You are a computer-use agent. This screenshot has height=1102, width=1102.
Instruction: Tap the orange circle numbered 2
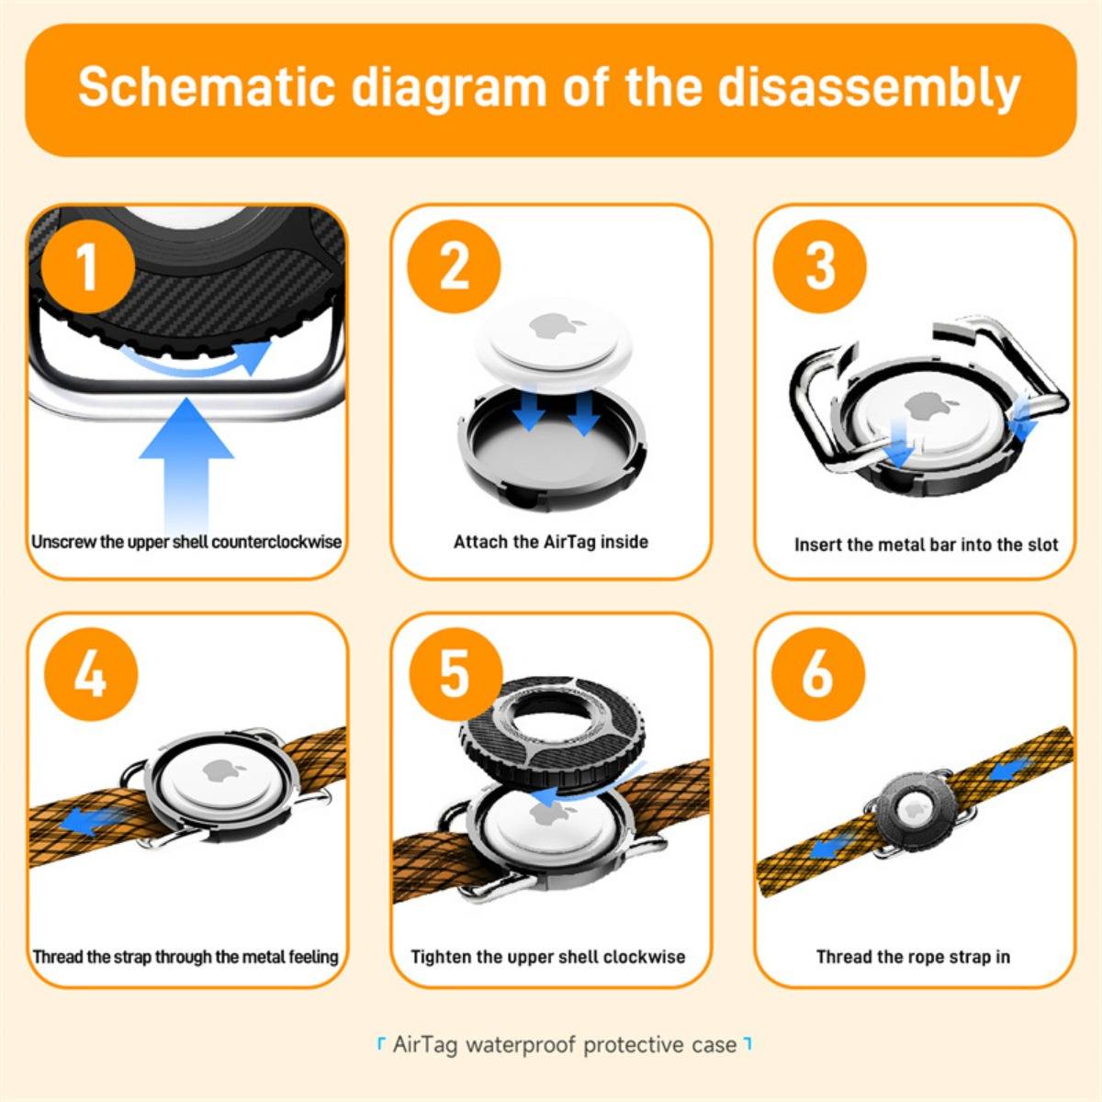coord(454,266)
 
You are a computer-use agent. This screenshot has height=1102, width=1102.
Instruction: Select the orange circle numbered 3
coord(819,266)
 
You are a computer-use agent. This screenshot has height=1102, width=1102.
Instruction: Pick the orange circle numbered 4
coord(91,674)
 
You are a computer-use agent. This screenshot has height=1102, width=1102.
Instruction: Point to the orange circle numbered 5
coord(455,674)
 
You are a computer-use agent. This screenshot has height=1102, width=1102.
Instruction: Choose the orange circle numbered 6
coord(818,674)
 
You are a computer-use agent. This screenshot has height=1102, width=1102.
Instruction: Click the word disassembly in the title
coord(870,89)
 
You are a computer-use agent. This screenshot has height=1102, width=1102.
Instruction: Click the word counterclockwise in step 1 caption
coord(276,542)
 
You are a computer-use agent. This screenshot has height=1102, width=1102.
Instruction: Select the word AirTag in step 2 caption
coord(568,542)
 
